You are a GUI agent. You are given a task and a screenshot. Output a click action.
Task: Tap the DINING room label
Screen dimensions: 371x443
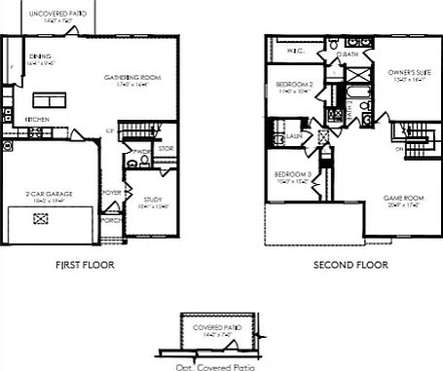point(40,56)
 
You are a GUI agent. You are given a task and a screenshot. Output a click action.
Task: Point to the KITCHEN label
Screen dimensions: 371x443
point(38,120)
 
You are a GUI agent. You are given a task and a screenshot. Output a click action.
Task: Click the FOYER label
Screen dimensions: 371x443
point(113,193)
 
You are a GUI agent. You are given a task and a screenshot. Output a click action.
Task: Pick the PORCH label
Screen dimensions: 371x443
point(113,219)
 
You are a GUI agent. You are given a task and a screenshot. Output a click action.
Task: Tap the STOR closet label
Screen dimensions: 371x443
point(165,149)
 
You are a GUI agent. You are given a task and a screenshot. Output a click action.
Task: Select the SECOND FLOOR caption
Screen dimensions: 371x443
point(350,264)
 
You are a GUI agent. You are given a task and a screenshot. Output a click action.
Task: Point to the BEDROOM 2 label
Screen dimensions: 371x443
point(293,85)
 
